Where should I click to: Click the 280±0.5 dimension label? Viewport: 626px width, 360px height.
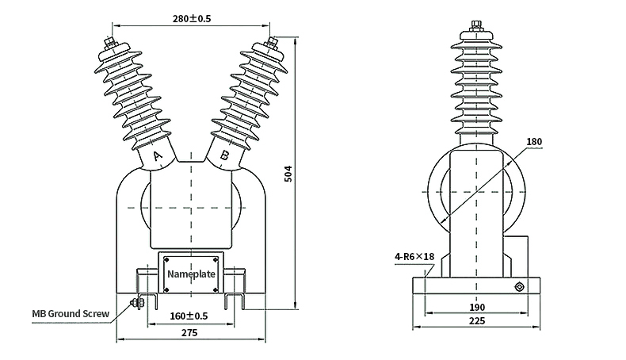coord(190,18)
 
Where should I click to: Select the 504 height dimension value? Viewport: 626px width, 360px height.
coord(288,173)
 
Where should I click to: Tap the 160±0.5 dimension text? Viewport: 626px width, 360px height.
coord(189,316)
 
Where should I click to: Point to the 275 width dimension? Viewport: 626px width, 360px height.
coord(189,333)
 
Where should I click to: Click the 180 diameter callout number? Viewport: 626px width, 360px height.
coord(535,142)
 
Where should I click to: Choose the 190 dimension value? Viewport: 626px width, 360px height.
coord(478,307)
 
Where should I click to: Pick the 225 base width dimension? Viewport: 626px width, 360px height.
coord(478,321)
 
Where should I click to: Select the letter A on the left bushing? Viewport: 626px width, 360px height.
coord(157,157)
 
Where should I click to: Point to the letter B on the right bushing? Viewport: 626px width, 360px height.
coord(224,156)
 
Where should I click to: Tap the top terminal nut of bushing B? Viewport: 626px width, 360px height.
coord(273,41)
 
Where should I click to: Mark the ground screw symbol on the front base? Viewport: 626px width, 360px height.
coord(135,302)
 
